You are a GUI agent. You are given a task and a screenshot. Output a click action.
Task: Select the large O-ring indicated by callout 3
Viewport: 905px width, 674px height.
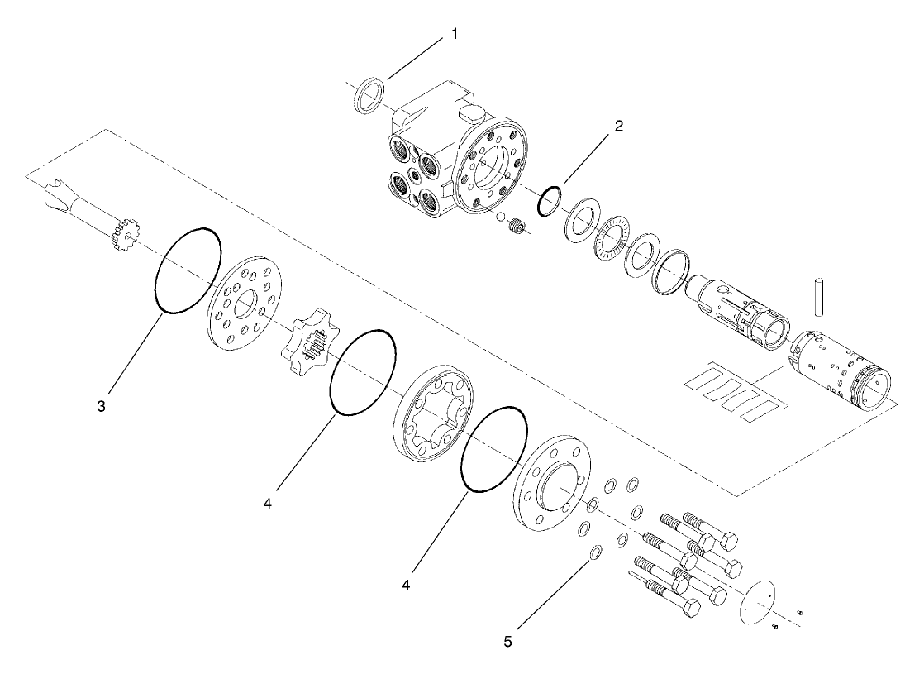pos(188,270)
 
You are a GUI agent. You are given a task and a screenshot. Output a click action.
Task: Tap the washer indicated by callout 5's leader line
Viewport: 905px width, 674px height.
pos(593,552)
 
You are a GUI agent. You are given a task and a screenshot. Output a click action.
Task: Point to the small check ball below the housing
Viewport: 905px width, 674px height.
pos(498,217)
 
